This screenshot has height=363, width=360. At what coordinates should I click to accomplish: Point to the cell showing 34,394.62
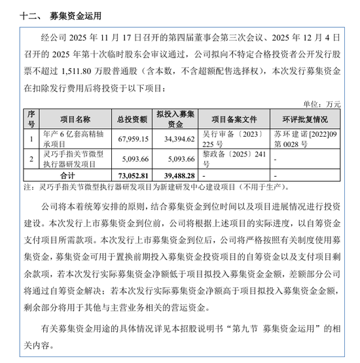(175, 139)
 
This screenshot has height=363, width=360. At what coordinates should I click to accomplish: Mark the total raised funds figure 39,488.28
(175, 177)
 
